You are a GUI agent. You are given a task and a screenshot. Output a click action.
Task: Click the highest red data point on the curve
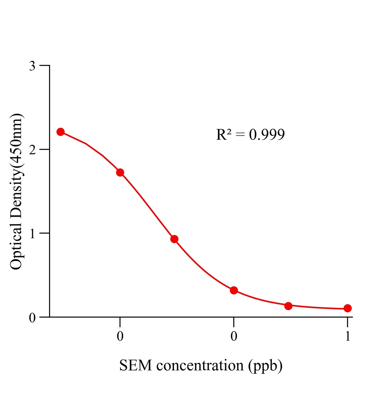point(60,132)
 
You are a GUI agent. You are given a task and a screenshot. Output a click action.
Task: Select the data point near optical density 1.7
point(120,172)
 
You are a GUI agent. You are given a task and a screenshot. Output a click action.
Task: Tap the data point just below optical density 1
point(174,239)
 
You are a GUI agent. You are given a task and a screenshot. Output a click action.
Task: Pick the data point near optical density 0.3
point(234,290)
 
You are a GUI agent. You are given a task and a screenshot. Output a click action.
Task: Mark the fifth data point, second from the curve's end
point(288,306)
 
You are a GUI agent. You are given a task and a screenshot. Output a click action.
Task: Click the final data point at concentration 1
point(347,308)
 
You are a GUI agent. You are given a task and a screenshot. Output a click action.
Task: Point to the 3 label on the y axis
point(32,66)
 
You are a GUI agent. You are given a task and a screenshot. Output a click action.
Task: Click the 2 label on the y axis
point(32,150)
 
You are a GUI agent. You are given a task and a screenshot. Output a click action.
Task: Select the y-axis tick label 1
point(32,234)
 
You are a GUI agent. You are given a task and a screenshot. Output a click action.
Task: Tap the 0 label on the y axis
point(32,318)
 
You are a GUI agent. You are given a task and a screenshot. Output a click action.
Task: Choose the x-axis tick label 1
point(348,336)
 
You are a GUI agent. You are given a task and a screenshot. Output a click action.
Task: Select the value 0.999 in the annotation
point(267,135)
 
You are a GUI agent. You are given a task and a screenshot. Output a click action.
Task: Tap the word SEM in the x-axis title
point(135,365)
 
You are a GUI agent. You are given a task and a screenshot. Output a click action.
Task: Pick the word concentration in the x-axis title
point(200,365)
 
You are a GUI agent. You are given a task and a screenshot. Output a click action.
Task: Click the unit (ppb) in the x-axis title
point(265,366)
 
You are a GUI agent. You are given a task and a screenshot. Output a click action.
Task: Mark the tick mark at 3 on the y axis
point(44,65)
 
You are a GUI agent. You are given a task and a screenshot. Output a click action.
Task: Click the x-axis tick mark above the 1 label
point(347,322)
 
